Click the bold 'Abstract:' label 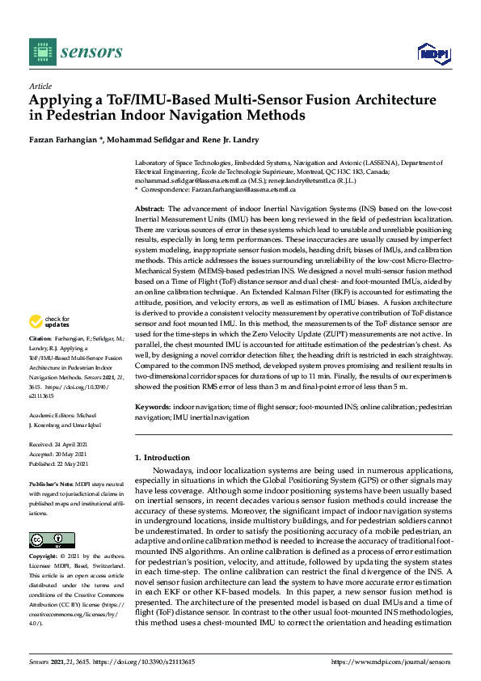151,209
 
